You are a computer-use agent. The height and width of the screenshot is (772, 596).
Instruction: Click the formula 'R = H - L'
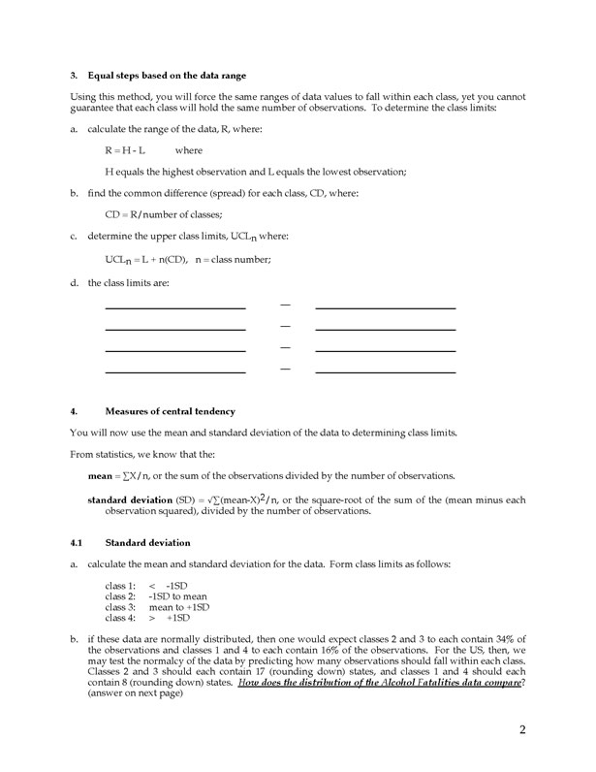point(125,150)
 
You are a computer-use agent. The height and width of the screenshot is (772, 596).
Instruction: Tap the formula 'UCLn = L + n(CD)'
point(146,259)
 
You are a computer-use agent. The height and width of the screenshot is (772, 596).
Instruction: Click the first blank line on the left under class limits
point(174,307)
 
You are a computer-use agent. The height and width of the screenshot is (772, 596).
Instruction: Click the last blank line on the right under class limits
point(385,371)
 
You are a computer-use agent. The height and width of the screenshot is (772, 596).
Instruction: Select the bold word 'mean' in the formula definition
point(101,475)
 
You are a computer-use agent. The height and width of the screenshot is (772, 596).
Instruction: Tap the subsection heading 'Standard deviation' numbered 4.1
point(147,542)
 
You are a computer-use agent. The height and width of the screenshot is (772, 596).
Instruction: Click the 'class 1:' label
point(120,586)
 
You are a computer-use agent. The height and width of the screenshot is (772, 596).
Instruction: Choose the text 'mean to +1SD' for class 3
point(179,607)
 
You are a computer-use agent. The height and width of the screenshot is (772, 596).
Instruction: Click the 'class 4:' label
point(120,618)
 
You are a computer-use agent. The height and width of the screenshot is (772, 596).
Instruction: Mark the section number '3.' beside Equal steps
point(74,76)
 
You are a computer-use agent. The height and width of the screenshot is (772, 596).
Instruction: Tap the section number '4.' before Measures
point(74,411)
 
